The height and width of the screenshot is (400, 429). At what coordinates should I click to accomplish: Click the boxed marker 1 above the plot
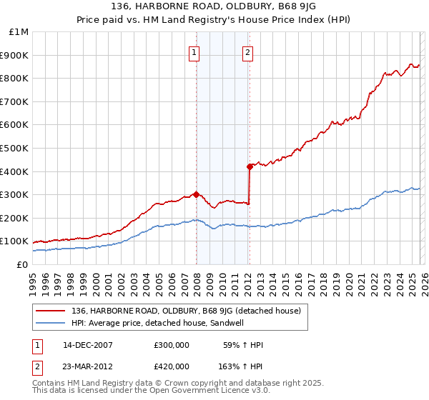pos(194,51)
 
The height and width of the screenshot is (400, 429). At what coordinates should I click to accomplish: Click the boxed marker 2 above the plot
pos(247,51)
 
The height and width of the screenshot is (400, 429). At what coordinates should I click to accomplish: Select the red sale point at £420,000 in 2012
pos(250,166)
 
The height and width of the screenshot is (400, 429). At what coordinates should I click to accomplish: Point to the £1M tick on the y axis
pos(19,32)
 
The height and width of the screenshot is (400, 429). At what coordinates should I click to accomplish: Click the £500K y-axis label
pos(16,149)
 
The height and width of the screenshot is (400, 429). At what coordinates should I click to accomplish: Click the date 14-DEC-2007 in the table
pos(88,345)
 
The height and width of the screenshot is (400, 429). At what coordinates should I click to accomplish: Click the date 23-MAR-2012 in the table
pos(88,366)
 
